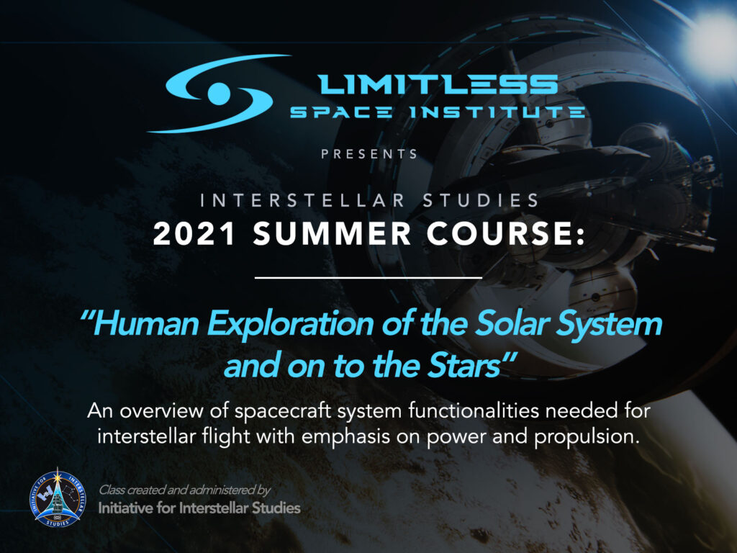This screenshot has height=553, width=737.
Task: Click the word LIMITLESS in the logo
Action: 438,85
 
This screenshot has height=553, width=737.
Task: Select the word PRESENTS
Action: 369,153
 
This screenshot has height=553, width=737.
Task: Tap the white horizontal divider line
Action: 368,276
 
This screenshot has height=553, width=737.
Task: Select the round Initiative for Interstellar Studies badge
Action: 56,498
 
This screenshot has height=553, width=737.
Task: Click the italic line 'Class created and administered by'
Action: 184,490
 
